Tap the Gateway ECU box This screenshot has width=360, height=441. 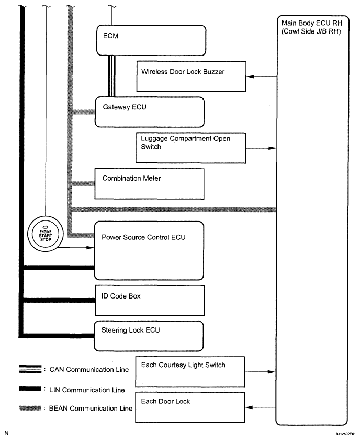pyautogui.click(x=149, y=111)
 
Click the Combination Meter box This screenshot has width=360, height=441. pyautogui.click(x=149, y=183)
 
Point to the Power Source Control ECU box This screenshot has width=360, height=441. pyautogui.click(x=149, y=250)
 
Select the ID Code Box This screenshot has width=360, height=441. pyautogui.click(x=149, y=300)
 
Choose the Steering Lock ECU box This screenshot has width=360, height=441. pyautogui.click(x=149, y=336)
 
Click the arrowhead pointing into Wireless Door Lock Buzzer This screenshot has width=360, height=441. pyautogui.click(x=250, y=77)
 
